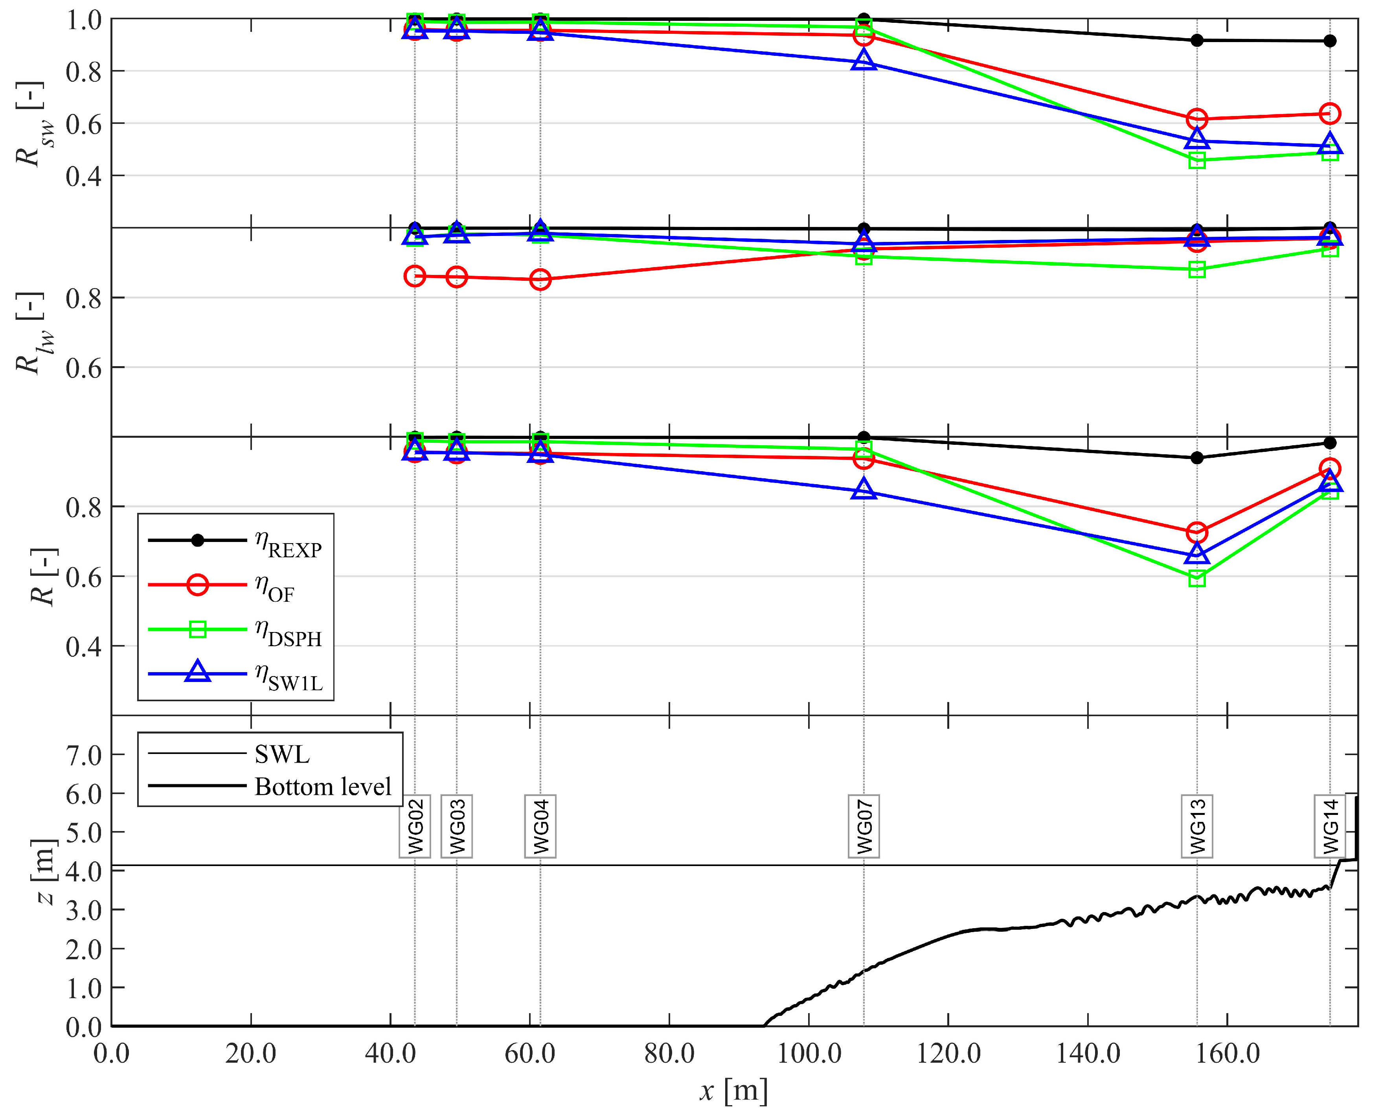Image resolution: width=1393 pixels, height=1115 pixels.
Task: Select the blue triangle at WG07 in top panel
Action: click(864, 61)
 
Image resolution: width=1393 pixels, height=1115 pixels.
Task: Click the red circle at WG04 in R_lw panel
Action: click(540, 279)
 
